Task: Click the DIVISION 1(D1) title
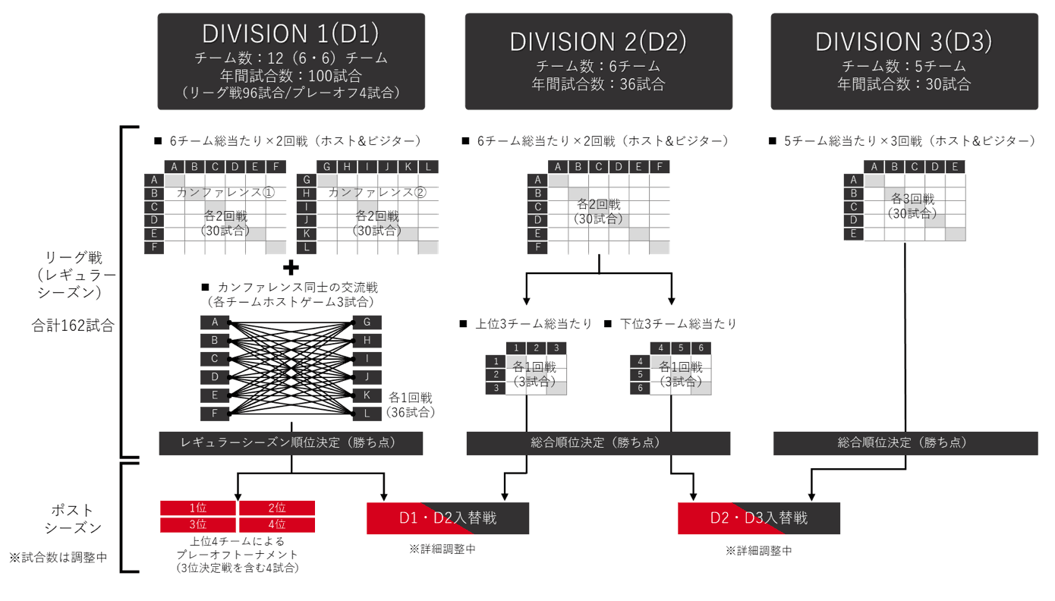pos(290,33)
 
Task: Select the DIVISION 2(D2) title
pos(598,40)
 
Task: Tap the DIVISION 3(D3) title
pos(904,40)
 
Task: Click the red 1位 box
pos(199,508)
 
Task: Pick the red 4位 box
pos(276,524)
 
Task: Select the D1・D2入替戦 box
pos(448,518)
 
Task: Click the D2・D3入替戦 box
pos(759,518)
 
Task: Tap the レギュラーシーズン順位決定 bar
pos(290,443)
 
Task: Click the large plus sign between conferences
pos(291,266)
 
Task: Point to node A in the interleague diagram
pos(215,323)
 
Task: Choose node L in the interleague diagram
pos(367,414)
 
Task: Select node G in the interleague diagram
pos(367,323)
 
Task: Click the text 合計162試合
pos(73,326)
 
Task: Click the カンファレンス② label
pos(377,193)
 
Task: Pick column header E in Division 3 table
pos(955,167)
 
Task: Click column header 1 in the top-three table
pos(515,348)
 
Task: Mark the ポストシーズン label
pos(73,518)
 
